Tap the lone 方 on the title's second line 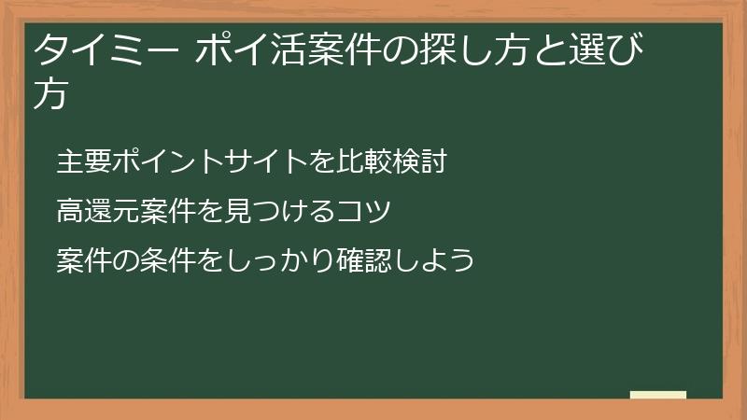pyautogui.click(x=50, y=95)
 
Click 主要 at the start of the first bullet pyautogui.click(x=84, y=161)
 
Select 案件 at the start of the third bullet pyautogui.click(x=84, y=259)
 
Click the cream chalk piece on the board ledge pyautogui.click(x=658, y=396)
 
